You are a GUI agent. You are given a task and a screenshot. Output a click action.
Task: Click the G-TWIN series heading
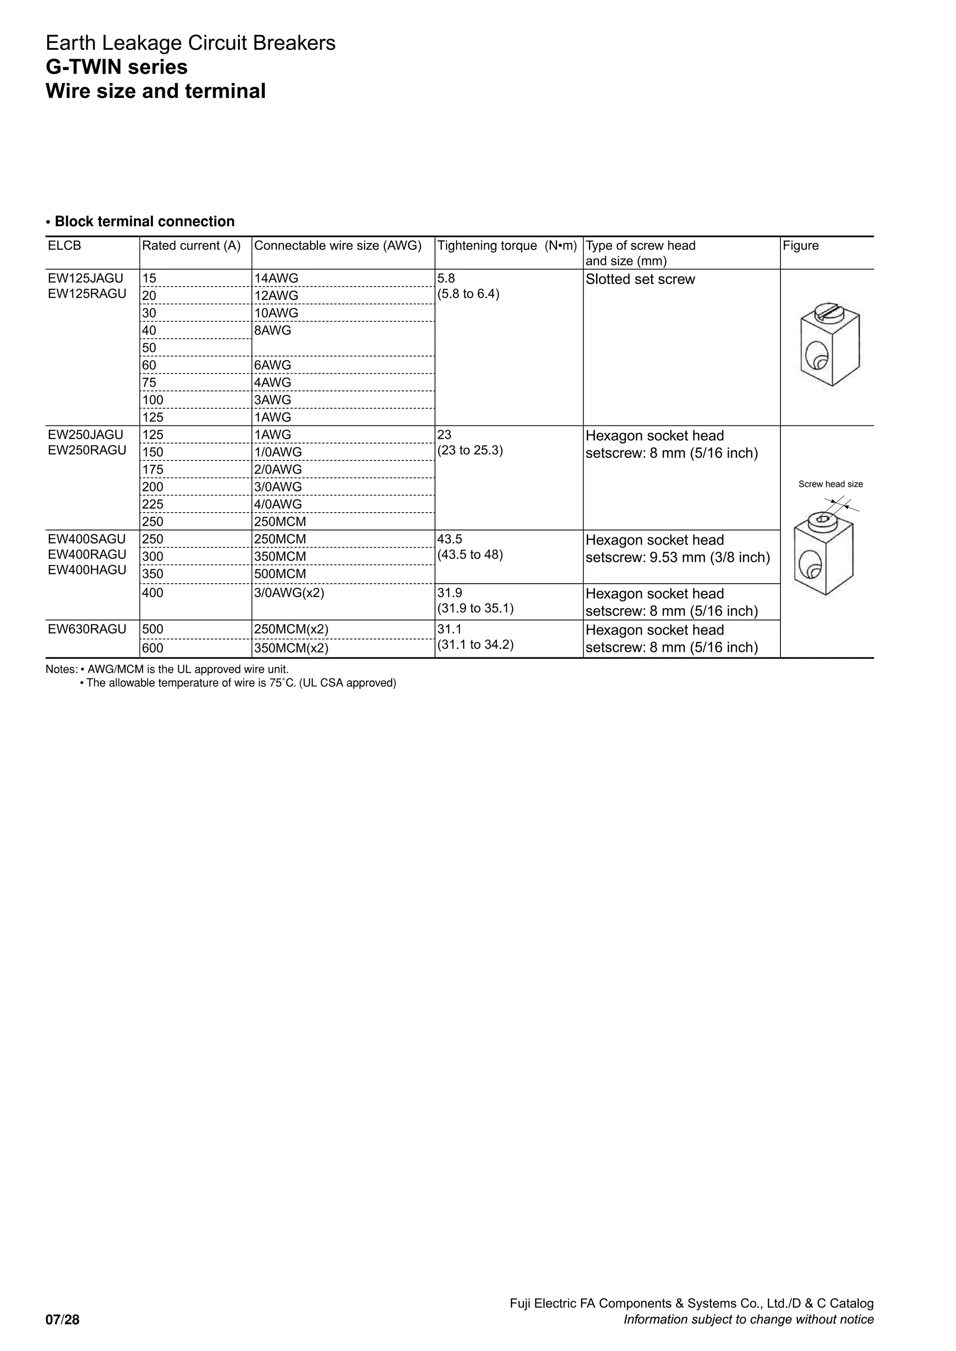[x=117, y=67]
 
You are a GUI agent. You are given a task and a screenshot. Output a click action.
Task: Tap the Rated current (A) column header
[x=191, y=246]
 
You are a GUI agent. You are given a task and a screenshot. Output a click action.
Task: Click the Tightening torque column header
[x=507, y=246]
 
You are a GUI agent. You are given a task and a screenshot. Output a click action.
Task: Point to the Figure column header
[x=801, y=246]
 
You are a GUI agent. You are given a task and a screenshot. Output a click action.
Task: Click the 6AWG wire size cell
[x=273, y=365]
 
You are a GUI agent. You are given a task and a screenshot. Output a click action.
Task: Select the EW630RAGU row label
[x=87, y=629]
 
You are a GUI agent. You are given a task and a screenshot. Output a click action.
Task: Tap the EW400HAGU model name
[x=87, y=570]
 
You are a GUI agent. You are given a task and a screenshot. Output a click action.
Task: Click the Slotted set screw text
[x=640, y=279]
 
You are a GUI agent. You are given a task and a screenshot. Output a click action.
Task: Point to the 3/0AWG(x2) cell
[x=289, y=592]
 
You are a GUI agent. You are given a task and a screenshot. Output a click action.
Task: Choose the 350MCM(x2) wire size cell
[x=291, y=648]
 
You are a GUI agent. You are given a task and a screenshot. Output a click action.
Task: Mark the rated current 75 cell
[x=149, y=383]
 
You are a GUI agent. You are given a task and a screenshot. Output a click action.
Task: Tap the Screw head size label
[x=830, y=484]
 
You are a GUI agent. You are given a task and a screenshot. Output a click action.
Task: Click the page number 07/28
[x=63, y=1320]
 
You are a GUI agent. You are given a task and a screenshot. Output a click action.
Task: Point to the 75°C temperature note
[x=241, y=683]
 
